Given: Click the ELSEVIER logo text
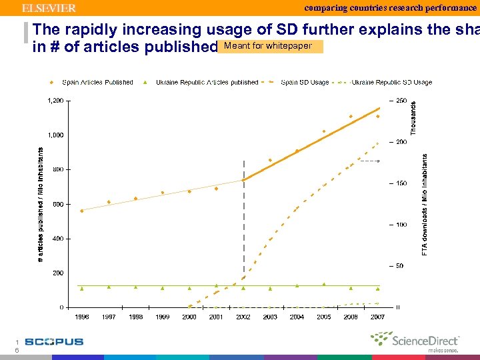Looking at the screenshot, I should [49, 8].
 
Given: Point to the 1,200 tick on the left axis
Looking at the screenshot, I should [55, 101].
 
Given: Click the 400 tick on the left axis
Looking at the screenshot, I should [58, 239].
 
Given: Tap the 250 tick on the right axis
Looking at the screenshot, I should [401, 101].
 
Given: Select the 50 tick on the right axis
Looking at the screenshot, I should [399, 266].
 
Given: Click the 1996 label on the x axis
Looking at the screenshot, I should [82, 317].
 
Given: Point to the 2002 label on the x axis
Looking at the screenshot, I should [243, 317].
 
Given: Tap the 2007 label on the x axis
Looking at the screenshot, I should [378, 317].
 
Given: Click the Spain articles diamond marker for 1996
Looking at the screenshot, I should [82, 211].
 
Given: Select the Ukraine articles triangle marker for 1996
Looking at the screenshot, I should [82, 289].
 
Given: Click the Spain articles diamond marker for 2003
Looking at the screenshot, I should [270, 160].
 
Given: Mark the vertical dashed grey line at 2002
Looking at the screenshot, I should [243, 220].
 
